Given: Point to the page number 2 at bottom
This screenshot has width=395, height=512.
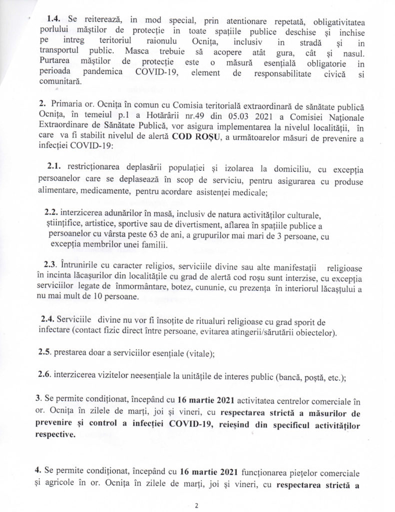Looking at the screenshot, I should pos(198,505).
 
